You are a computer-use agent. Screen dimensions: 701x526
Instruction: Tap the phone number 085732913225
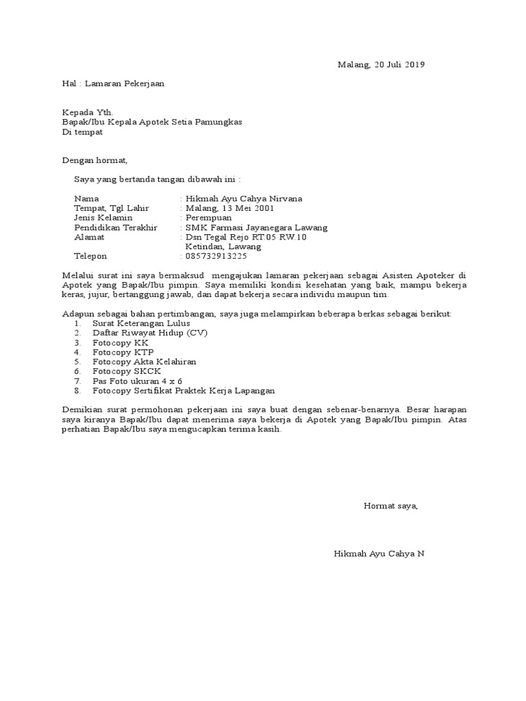coord(217,256)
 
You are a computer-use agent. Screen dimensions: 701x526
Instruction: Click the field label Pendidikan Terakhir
coord(116,227)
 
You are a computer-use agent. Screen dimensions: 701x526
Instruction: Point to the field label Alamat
coord(89,237)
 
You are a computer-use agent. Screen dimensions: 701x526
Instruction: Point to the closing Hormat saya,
coord(390,506)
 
